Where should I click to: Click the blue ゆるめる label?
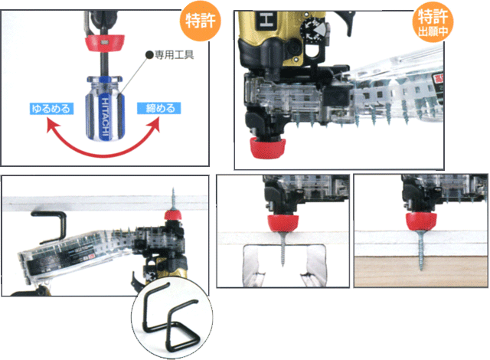coord(51,109)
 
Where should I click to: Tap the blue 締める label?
coord(158,108)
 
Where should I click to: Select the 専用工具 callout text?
coord(175,55)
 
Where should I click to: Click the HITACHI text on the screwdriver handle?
coord(106,119)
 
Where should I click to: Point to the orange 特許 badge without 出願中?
coord(201,21)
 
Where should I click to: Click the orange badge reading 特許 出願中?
coord(433,22)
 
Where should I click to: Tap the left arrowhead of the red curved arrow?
coord(52,127)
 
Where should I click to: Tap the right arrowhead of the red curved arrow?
coord(154,125)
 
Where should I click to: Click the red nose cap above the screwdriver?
coord(105,43)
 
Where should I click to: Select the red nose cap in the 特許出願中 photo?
coord(267,148)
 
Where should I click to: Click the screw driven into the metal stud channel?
coord(283,247)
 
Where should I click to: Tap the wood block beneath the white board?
coord(420,271)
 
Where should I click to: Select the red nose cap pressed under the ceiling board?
coord(173,215)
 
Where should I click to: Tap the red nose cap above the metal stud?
coord(283,223)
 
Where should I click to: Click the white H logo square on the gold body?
coord(266,21)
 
